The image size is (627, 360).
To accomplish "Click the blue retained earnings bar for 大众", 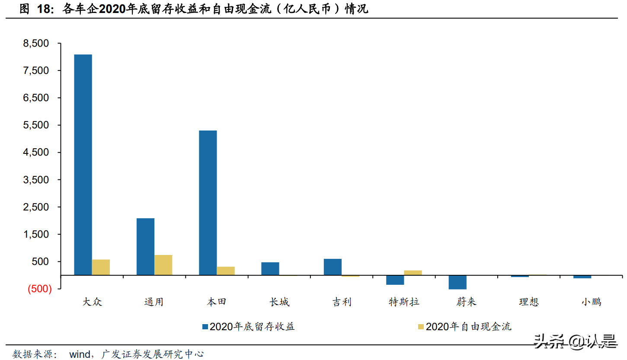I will tap(83, 164).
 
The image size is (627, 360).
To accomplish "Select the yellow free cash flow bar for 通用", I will tap(163, 265).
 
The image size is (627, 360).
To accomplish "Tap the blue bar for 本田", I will tap(208, 202).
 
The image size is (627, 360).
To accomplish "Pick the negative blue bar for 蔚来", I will tap(457, 282).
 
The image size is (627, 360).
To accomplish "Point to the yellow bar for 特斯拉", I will tap(413, 273).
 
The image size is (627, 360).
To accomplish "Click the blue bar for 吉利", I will tap(333, 267).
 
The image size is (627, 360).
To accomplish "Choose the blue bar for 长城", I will tap(270, 268).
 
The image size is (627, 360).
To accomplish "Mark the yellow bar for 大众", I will tap(101, 267).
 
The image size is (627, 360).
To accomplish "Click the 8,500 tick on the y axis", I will tap(37, 44).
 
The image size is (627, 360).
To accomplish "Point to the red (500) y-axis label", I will tap(40, 290).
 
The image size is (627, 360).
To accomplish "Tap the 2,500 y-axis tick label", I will tap(37, 207).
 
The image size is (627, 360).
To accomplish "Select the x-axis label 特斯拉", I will tap(404, 302).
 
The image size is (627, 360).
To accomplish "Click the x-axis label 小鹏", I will tap(591, 302).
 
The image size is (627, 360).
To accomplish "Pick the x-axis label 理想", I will tap(528, 302).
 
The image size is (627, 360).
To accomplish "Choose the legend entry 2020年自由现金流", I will tap(468, 326).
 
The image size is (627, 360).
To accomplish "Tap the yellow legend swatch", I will tap(421, 326).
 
